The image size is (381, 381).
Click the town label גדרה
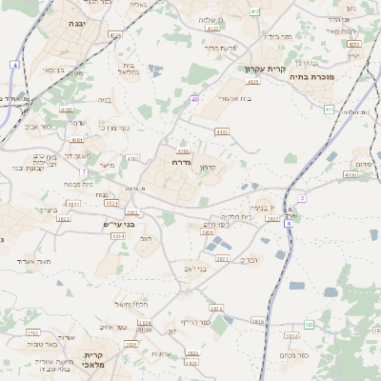[x=183, y=162]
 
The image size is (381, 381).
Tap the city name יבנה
[x=77, y=22]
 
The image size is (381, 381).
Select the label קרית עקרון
[x=265, y=70]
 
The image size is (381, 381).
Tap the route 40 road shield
[x=194, y=98]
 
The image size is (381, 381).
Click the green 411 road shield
[x=329, y=110]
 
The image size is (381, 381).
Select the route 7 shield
[x=85, y=171]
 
